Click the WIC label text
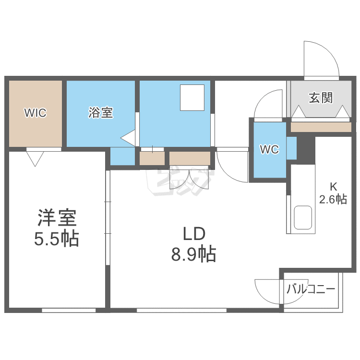36,113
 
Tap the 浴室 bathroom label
101,113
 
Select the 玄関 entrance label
320,98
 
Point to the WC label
269,149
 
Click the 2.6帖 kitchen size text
334,199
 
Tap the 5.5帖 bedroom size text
57,239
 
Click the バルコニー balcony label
311,289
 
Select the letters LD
194,234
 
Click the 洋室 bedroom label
57,219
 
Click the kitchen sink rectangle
303,218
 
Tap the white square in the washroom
192,97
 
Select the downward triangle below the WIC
36,157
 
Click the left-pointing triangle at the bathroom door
129,138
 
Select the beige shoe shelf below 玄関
321,127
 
